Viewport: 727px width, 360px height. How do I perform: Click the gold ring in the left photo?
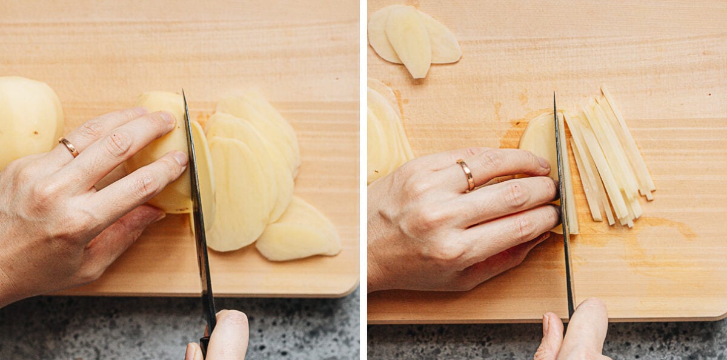(x=68, y=147)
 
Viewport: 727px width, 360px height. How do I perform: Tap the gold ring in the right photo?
(x=466, y=175)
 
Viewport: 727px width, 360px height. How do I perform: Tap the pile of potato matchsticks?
(x=609, y=158)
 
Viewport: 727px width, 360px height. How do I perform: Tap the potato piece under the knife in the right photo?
(x=539, y=142)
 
